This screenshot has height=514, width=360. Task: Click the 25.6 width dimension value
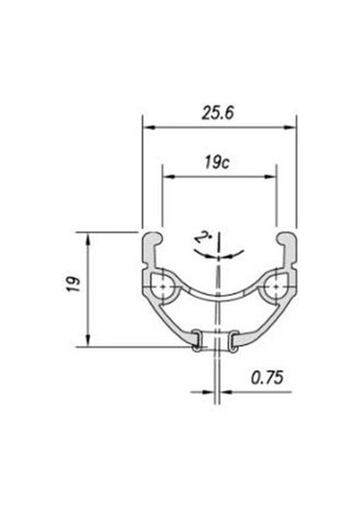point(218,113)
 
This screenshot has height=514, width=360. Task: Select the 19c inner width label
point(217,163)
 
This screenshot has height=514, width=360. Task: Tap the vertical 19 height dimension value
point(74,284)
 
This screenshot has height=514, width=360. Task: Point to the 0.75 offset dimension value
point(267,378)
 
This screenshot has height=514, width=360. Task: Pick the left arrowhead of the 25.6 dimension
point(149,127)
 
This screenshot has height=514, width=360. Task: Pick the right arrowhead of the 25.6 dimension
point(290,127)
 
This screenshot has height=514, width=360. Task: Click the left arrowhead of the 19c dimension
point(169,177)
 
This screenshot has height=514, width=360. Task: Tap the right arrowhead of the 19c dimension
point(271,177)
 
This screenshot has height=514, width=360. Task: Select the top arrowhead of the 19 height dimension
point(87,238)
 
